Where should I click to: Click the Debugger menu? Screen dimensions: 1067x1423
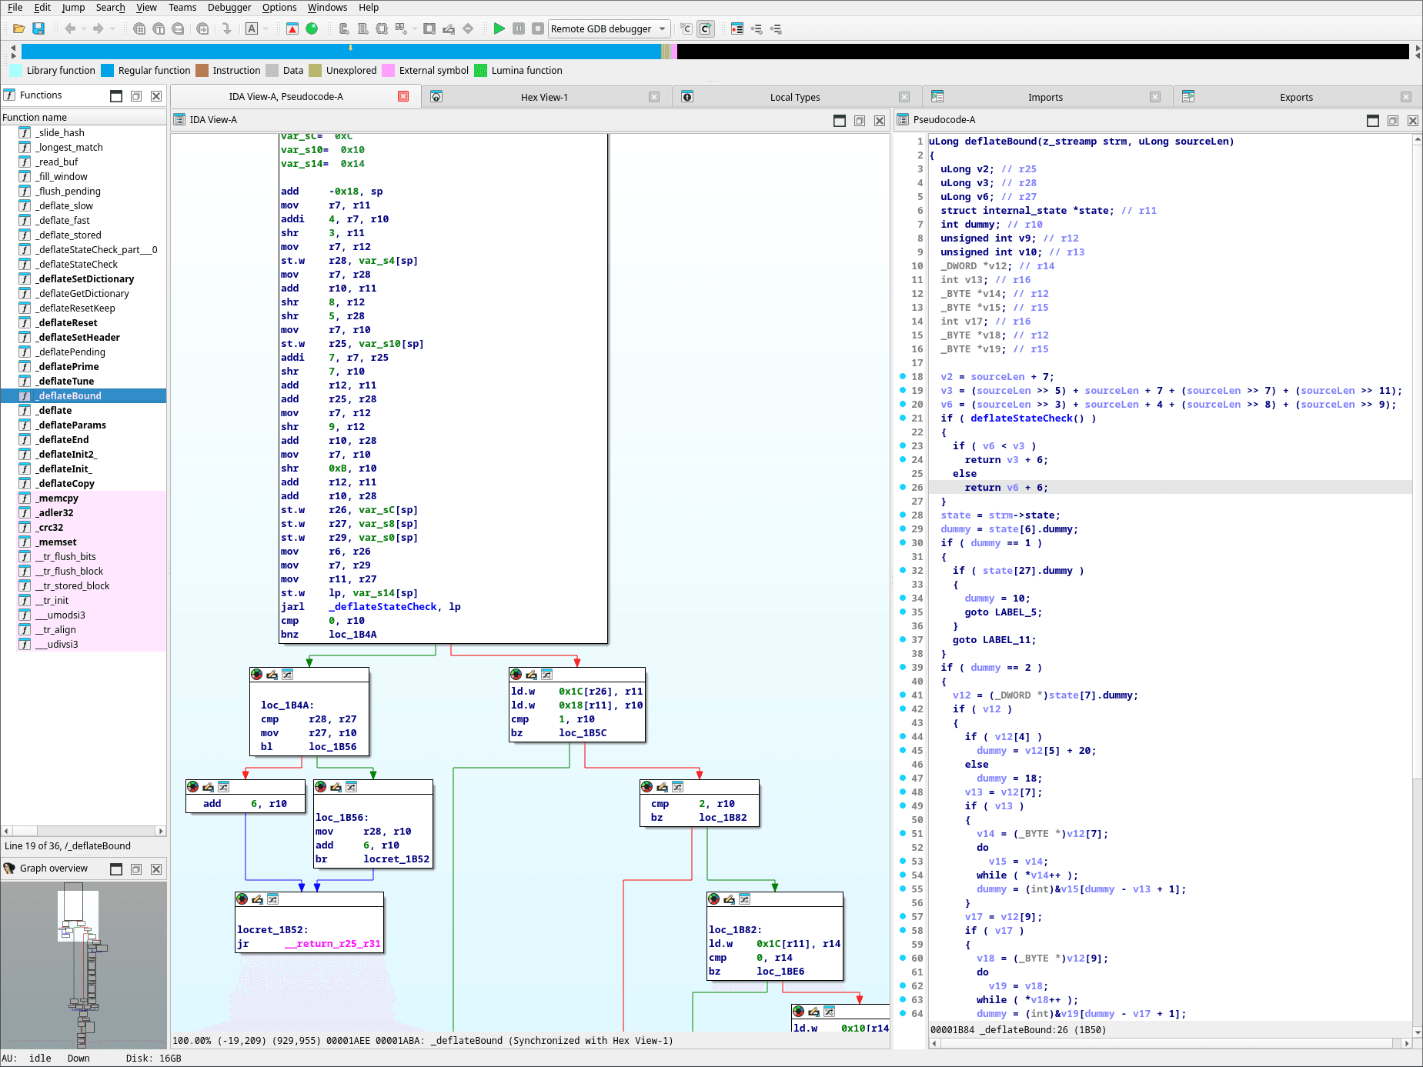point(229,8)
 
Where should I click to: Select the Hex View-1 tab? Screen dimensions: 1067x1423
point(544,98)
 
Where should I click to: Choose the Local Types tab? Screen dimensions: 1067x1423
point(794,98)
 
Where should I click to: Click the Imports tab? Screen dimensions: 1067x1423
point(1044,98)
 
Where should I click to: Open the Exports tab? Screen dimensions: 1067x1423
point(1295,98)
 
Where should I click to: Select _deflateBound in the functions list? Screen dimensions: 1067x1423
point(70,396)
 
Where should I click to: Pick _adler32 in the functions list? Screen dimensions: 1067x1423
point(56,513)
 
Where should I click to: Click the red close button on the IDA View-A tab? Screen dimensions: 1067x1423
point(403,96)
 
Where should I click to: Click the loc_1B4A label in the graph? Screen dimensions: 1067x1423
point(286,705)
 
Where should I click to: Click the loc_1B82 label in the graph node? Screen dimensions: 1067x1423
point(734,930)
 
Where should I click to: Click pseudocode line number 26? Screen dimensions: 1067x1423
point(917,488)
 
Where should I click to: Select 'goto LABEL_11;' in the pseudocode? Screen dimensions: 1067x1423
point(994,640)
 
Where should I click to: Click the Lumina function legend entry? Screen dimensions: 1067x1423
point(526,71)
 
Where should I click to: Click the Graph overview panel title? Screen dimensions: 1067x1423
point(54,869)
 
